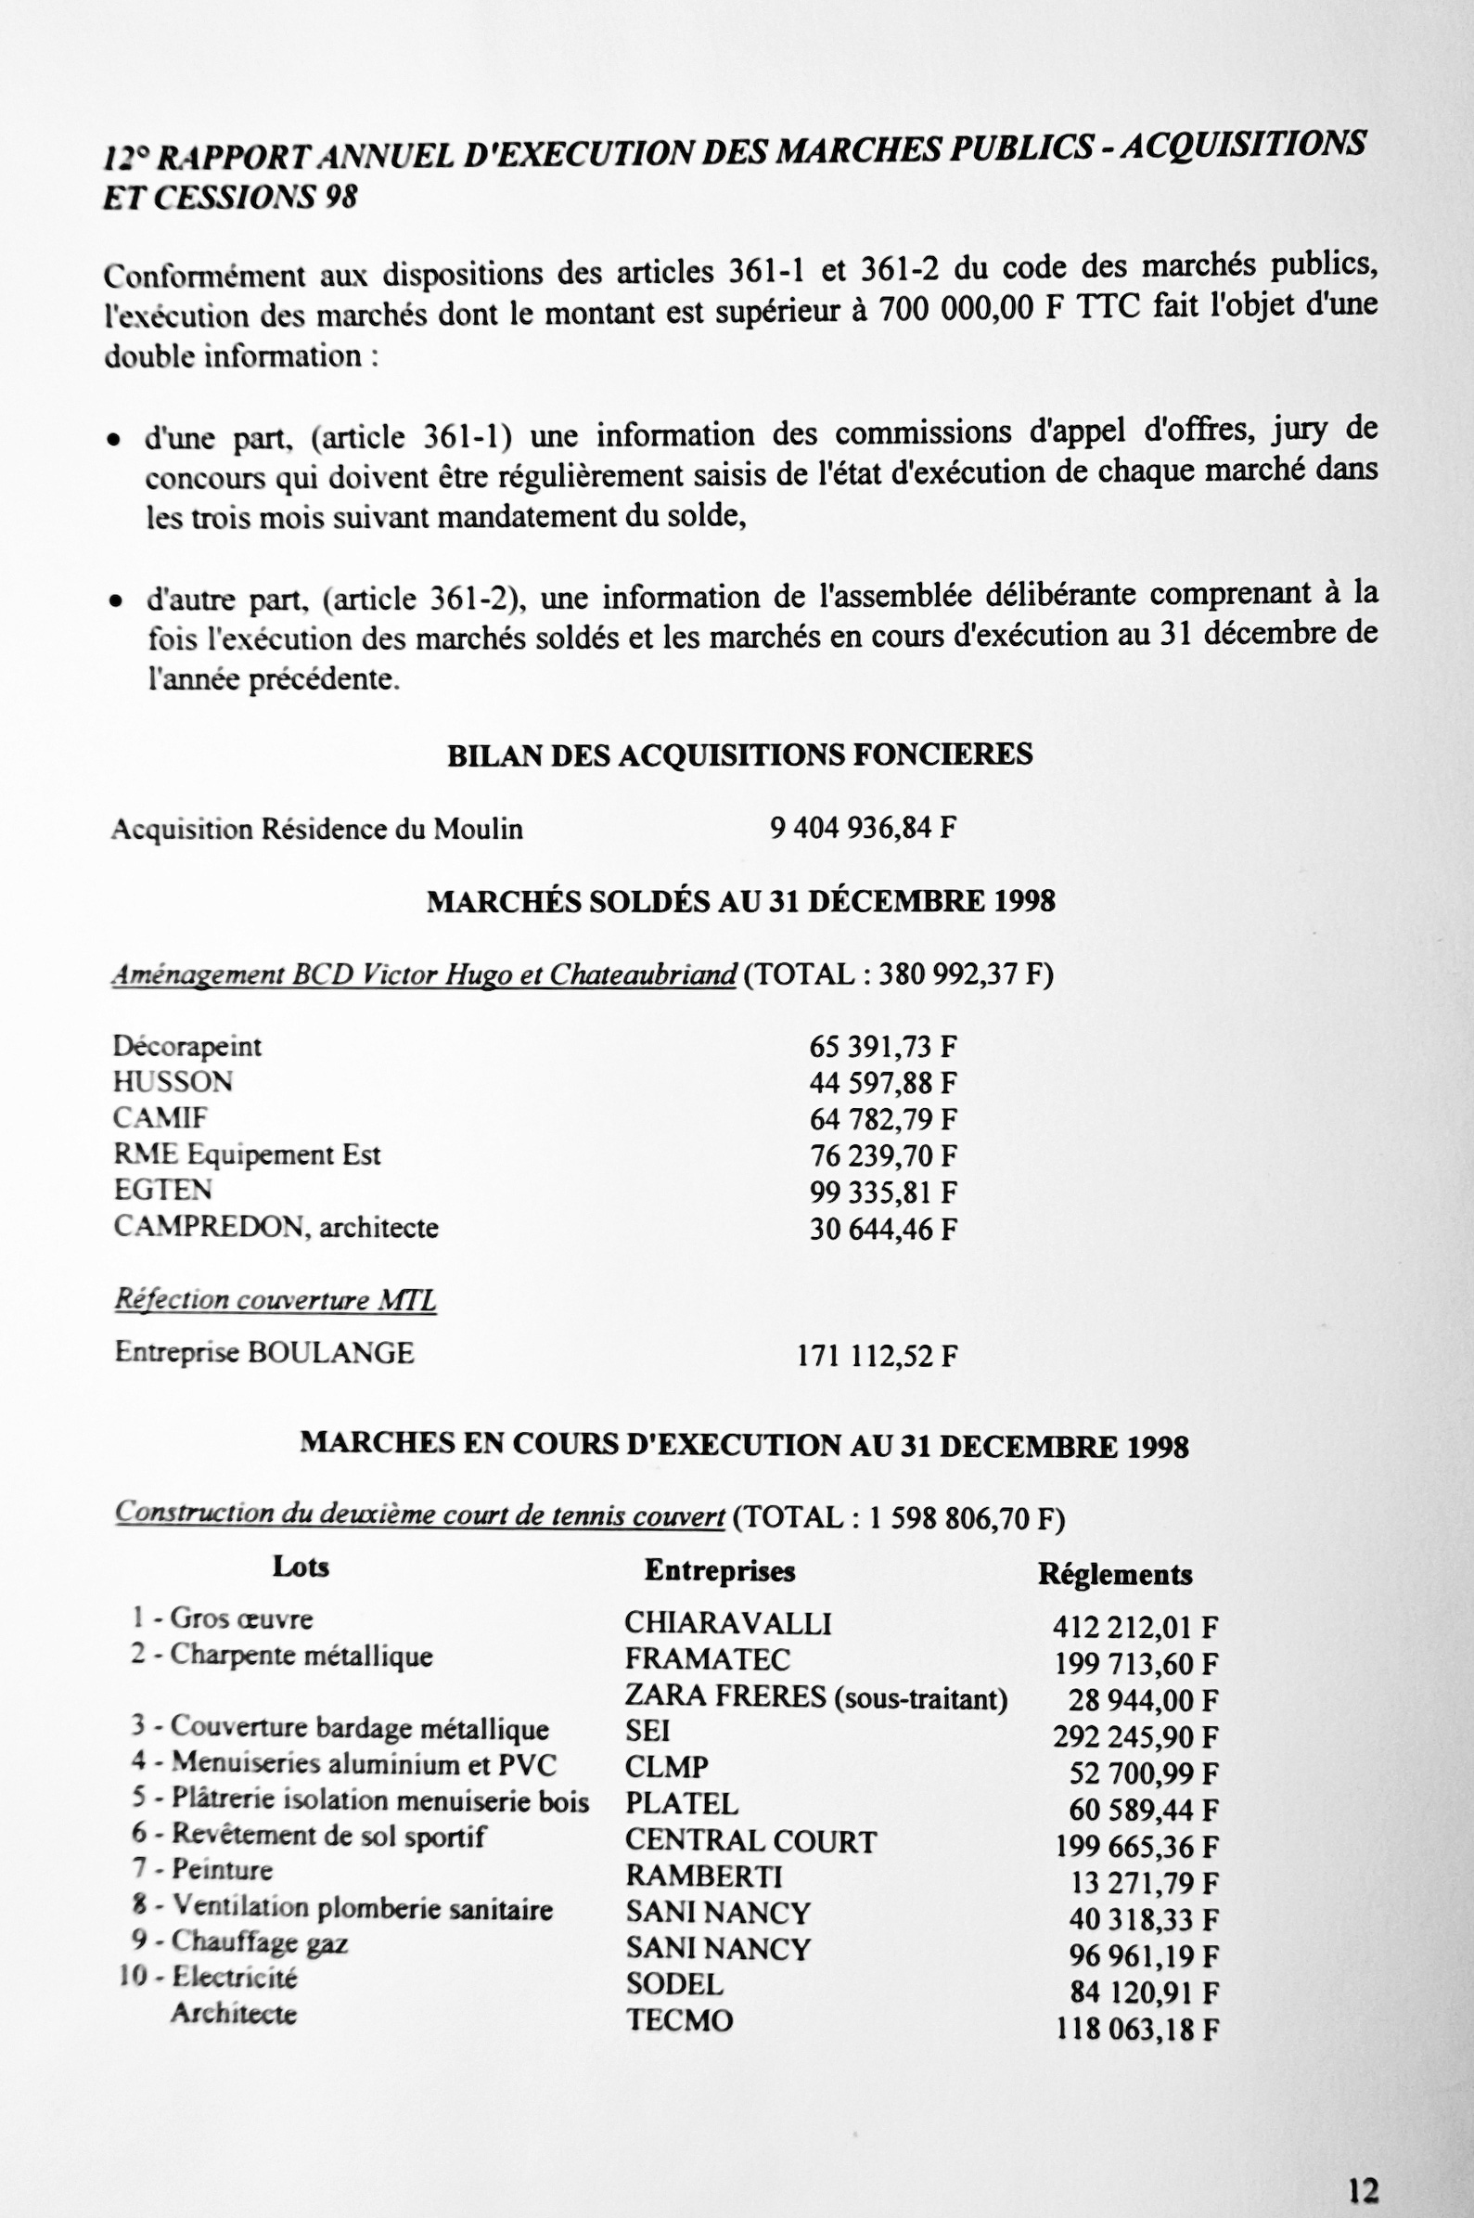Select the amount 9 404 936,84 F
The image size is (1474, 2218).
coord(863,829)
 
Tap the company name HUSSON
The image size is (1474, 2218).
coord(173,1082)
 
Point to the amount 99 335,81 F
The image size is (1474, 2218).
coord(883,1193)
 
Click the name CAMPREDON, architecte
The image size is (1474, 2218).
coord(276,1227)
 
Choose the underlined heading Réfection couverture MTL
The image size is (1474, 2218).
coord(276,1299)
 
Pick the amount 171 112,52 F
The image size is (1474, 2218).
coord(877,1356)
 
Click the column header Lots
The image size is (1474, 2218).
coord(301,1567)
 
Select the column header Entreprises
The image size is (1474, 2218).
coord(719,1570)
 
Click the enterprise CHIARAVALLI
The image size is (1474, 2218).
coord(727,1623)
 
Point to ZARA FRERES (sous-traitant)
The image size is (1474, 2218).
coord(815,1697)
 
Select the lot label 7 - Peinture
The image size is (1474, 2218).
coord(203,1870)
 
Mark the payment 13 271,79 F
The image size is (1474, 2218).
coord(1143,1883)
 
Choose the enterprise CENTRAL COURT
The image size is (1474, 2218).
coord(750,1840)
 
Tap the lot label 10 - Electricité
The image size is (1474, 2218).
coord(209,1978)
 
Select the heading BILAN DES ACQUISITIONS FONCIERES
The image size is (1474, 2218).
coord(739,755)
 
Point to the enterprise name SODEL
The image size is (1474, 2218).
coord(674,1984)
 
